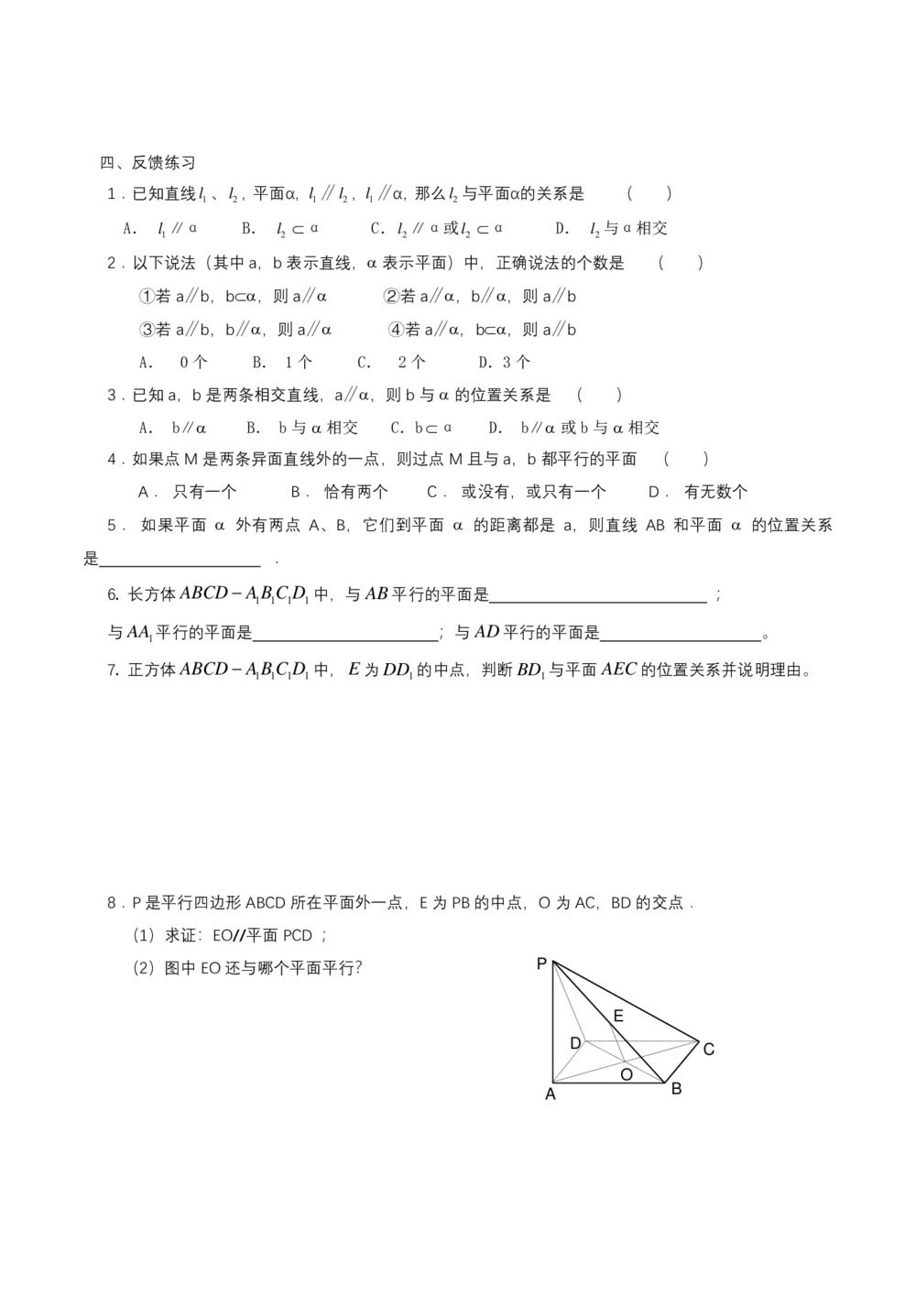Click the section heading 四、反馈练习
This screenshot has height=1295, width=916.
147,163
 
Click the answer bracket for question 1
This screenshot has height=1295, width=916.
649,193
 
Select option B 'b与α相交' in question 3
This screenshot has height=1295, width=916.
302,428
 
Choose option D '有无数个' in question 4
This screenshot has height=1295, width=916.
698,492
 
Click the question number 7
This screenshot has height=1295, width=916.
113,670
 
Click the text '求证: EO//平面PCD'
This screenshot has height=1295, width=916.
230,935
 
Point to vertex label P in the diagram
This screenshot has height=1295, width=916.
541,963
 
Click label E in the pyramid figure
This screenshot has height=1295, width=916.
618,1016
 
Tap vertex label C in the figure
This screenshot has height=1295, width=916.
708,1050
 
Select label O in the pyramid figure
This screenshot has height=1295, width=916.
627,1074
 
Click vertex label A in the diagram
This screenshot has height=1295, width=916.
551,1094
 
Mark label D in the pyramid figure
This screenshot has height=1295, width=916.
575,1043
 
